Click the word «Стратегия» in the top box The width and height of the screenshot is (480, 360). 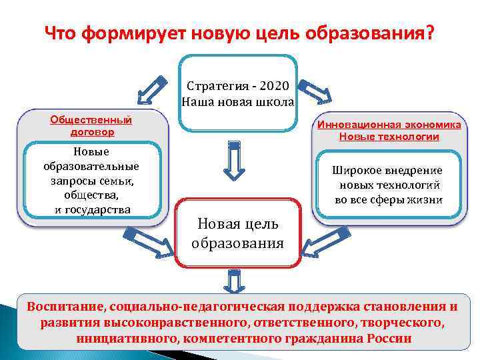point(218,86)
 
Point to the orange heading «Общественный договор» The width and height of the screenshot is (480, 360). point(91,125)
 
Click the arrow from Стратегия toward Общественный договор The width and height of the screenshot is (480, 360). point(152,91)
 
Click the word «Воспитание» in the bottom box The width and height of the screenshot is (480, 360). point(62,307)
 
